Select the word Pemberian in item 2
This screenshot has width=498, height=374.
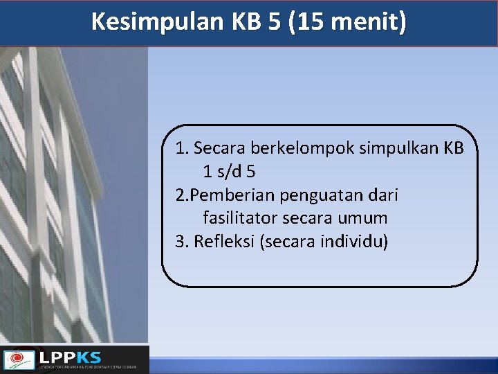click(233, 195)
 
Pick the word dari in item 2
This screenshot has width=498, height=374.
click(383, 195)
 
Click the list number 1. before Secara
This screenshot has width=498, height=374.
click(181, 148)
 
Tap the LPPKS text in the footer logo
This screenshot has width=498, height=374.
click(70, 357)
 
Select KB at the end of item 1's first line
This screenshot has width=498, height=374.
click(453, 148)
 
